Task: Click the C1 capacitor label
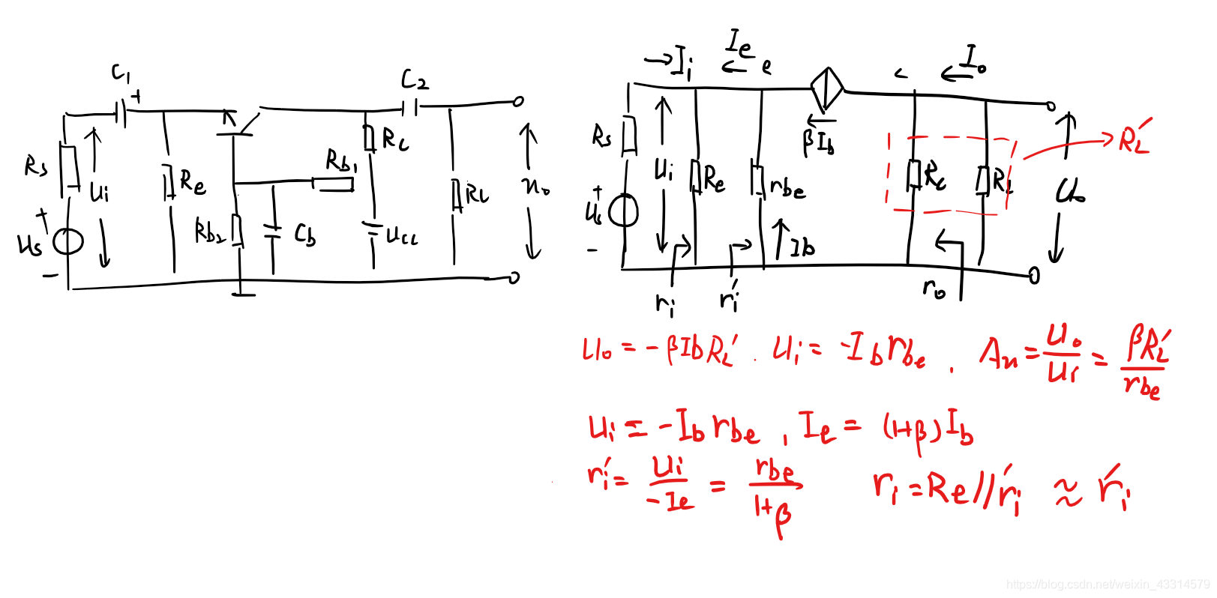(121, 73)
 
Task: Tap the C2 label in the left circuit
(414, 79)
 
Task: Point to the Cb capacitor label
(304, 235)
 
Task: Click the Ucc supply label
(401, 237)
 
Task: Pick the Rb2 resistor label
(210, 232)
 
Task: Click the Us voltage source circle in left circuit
(67, 241)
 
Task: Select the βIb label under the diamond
(818, 142)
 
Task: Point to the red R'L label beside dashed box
(1134, 139)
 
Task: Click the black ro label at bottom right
(934, 289)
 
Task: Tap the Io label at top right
(974, 58)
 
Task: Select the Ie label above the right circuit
(740, 44)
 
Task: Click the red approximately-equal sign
(1068, 492)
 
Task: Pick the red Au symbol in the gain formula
(999, 352)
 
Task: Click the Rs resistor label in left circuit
(35, 166)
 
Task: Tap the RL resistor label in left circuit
(477, 195)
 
